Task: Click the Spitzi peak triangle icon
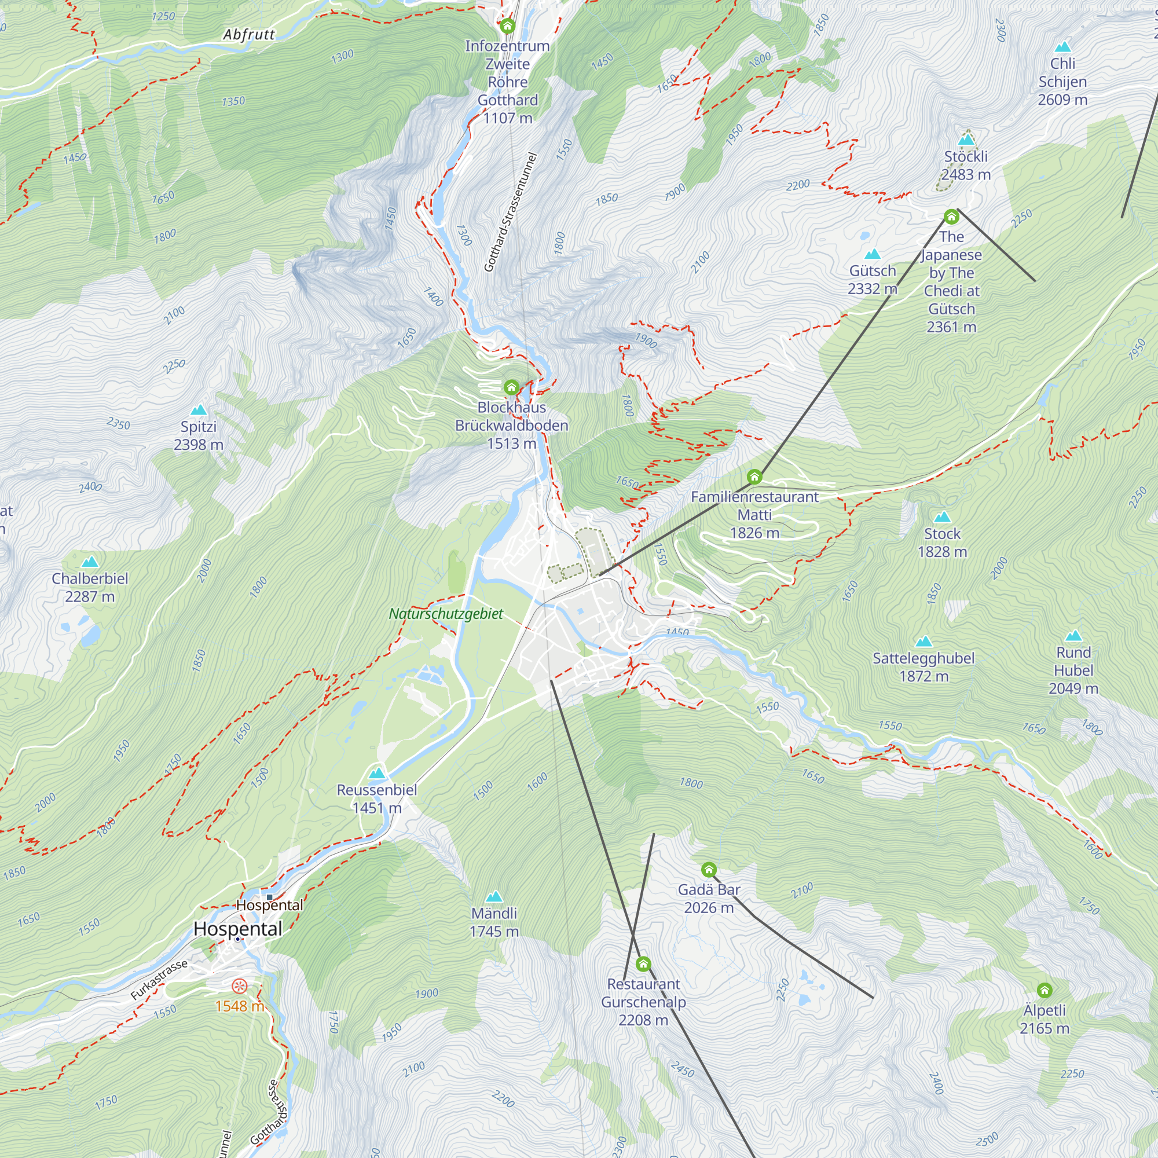click(x=199, y=411)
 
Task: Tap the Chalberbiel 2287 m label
click(x=90, y=587)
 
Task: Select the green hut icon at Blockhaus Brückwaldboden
click(x=511, y=387)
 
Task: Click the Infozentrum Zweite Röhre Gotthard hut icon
click(x=508, y=26)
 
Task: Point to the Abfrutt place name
click(x=249, y=35)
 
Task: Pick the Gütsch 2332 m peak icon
click(x=873, y=254)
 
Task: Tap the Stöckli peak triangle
click(x=966, y=140)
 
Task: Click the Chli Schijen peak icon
click(x=1062, y=47)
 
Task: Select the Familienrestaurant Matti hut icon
click(x=754, y=477)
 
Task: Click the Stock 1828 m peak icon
click(x=942, y=517)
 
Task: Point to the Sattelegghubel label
click(x=924, y=658)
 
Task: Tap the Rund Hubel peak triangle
click(x=1073, y=636)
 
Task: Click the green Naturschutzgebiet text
click(x=446, y=614)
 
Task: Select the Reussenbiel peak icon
click(x=376, y=773)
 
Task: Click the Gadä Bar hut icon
click(x=709, y=869)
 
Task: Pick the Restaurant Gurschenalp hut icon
click(x=643, y=964)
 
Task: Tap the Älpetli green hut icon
click(x=1045, y=990)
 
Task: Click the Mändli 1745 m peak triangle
click(x=494, y=897)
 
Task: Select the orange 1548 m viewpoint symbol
click(x=239, y=986)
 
